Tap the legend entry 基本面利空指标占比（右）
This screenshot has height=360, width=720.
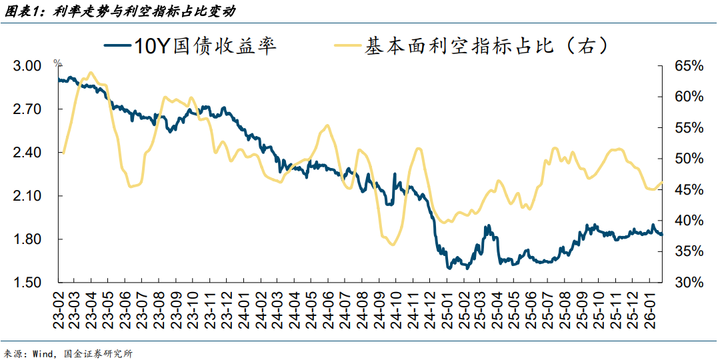(x=486, y=46)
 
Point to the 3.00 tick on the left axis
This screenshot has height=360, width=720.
(x=27, y=66)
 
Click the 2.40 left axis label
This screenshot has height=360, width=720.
(x=27, y=153)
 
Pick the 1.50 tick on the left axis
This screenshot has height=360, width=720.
(x=27, y=283)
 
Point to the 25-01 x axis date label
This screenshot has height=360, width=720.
(x=445, y=308)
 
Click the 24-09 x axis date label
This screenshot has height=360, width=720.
(x=378, y=308)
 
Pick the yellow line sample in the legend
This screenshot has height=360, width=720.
(x=347, y=46)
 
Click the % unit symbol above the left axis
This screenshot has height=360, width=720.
(x=57, y=63)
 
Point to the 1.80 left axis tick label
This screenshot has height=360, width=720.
(x=27, y=239)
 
